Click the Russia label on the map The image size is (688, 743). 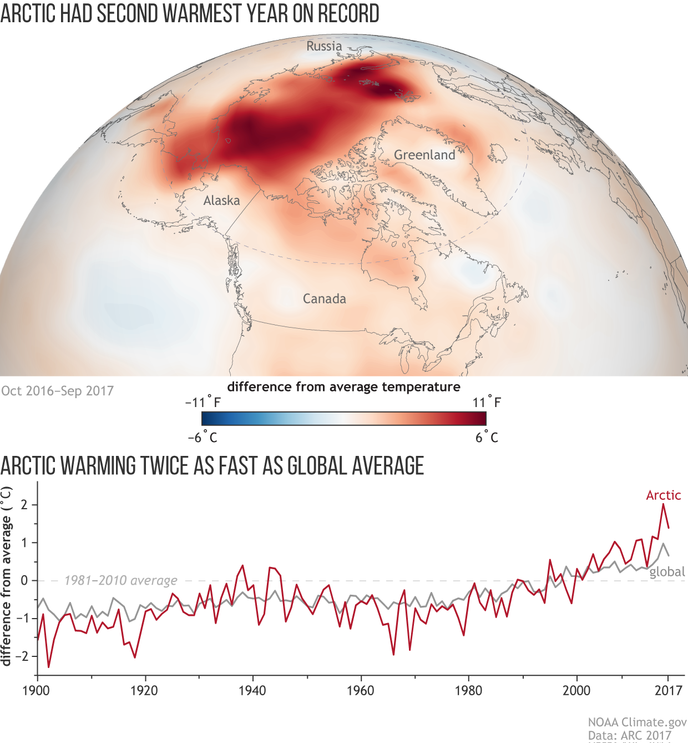[324, 46]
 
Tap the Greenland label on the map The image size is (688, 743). [424, 155]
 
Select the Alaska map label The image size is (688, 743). [221, 200]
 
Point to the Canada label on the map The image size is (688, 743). [324, 299]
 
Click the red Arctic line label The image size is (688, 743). [663, 495]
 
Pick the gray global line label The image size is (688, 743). [667, 572]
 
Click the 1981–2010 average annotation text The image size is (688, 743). [120, 581]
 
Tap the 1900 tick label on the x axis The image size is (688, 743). [36, 691]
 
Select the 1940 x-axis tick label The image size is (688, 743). [252, 691]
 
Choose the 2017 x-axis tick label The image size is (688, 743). [668, 691]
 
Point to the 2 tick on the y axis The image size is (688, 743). [24, 505]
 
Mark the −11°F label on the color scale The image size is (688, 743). [203, 402]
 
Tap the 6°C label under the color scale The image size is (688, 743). [487, 438]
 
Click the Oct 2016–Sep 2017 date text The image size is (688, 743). [57, 391]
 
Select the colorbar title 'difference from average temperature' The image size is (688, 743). [343, 387]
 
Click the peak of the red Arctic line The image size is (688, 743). [662, 504]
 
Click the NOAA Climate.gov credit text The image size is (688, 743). [637, 722]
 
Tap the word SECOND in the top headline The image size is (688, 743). [128, 13]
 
